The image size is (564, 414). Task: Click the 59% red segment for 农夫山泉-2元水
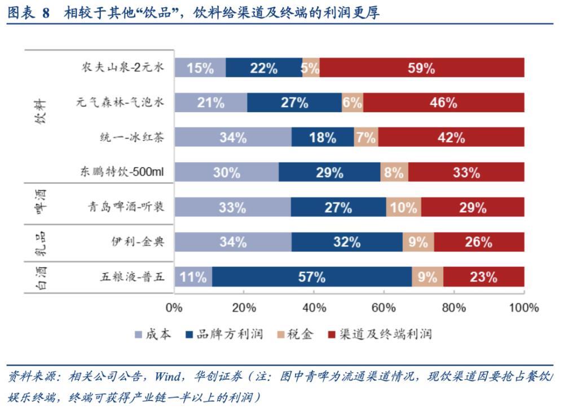422,68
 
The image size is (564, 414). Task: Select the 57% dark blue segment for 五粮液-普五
312,277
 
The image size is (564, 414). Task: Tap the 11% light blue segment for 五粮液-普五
193,277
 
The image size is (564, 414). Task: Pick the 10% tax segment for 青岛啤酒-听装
403,208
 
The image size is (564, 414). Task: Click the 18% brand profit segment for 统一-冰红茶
323,138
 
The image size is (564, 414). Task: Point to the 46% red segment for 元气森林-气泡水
443,103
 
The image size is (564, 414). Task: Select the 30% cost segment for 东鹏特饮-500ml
226,173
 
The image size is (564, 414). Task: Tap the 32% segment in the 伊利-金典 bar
347,243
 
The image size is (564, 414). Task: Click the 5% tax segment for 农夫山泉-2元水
311,68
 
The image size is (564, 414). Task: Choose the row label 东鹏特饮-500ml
122,173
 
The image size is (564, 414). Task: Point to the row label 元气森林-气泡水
120,103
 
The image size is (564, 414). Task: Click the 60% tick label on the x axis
384,308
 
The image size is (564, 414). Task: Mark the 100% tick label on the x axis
524,308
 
